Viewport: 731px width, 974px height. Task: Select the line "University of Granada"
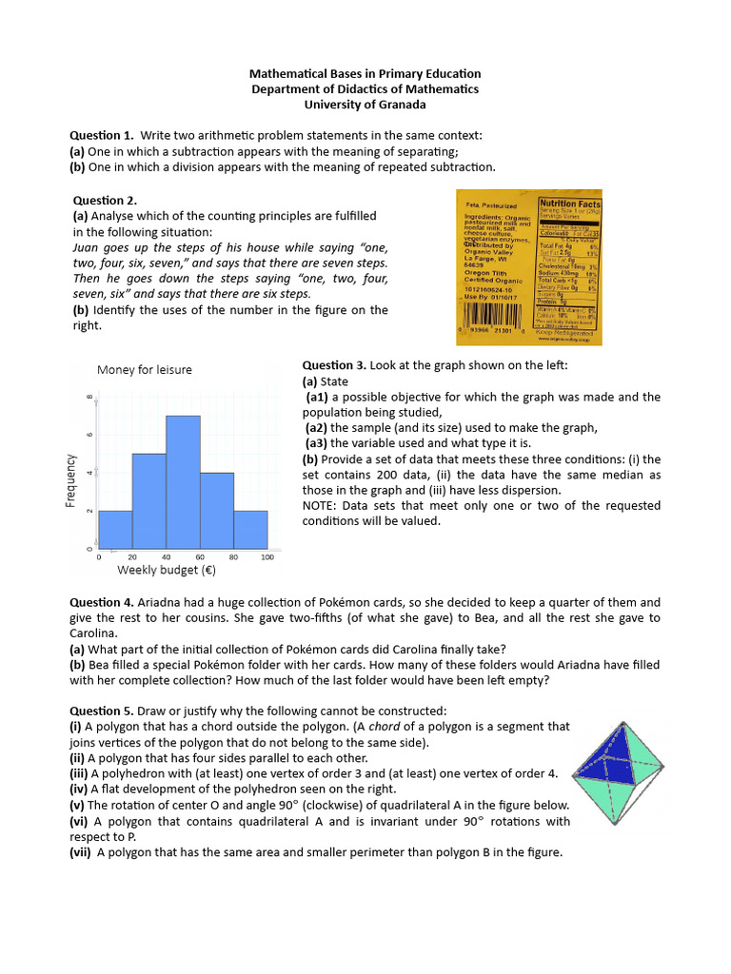tap(365, 105)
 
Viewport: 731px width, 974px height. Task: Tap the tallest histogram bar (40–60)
tap(183, 482)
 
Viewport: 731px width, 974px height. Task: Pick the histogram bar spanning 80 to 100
tap(251, 530)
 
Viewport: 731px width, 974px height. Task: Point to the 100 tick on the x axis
tap(267, 557)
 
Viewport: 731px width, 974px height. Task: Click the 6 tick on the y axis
tap(90, 435)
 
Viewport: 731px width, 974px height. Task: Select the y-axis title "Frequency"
tap(70, 480)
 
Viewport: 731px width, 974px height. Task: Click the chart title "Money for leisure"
tap(144, 369)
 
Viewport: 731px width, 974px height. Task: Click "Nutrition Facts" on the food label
tap(569, 204)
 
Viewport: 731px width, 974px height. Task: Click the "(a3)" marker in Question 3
tap(319, 443)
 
